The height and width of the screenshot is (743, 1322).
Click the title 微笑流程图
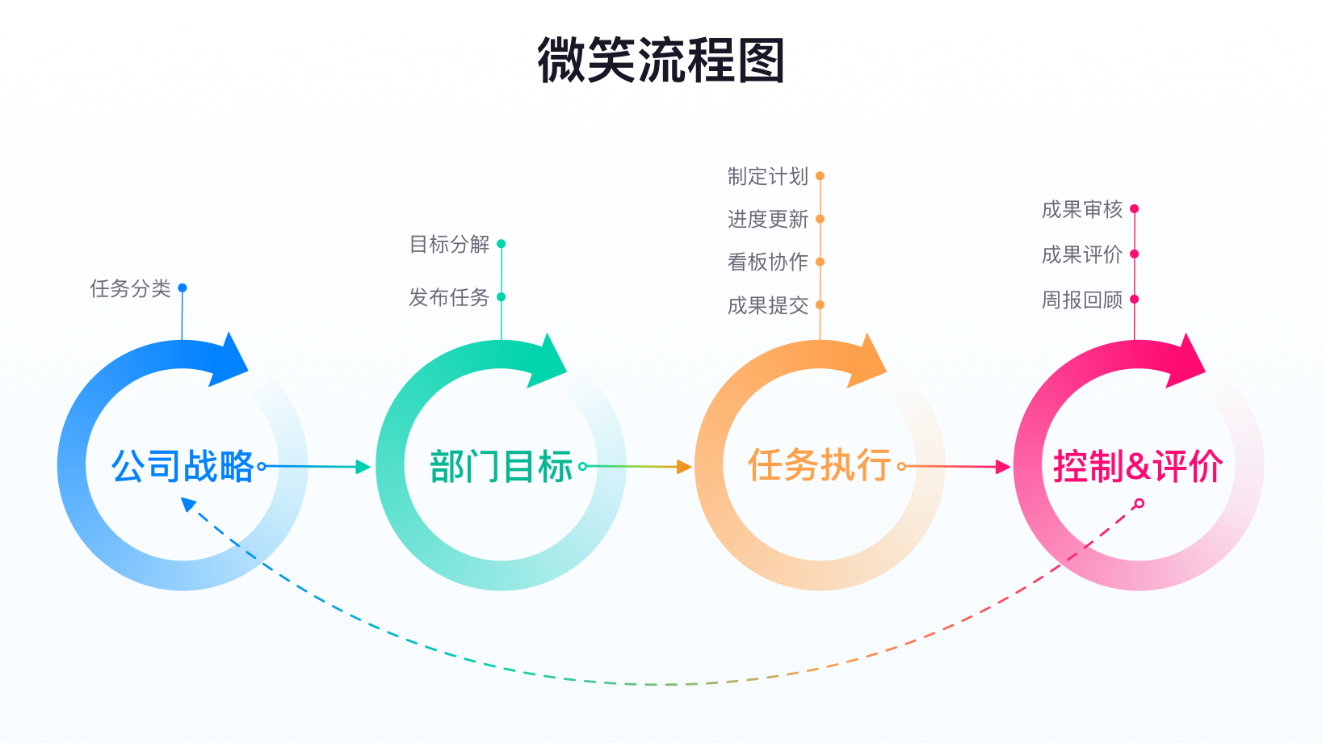coord(661,61)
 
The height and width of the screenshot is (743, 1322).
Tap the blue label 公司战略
coord(183,466)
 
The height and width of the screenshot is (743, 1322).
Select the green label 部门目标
coord(501,467)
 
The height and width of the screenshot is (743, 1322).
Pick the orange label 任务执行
coord(819,465)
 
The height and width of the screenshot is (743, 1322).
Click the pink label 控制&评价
coord(1137,466)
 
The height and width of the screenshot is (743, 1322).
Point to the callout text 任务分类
coord(131,288)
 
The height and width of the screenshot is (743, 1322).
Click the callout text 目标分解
coord(450,244)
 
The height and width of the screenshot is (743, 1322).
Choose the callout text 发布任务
coord(450,297)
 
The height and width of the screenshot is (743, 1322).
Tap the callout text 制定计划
coord(768,176)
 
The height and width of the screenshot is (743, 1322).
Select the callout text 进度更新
coord(768,219)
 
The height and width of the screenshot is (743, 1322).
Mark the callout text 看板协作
coord(768,262)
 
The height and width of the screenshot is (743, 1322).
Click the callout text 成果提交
coord(768,305)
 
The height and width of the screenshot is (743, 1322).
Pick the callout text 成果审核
coord(1082,209)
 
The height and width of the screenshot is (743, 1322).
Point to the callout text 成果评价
coord(1082,254)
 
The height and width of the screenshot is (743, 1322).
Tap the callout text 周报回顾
coord(1082,300)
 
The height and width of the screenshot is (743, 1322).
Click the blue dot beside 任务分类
coord(183,288)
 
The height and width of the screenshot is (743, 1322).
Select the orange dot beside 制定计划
coord(820,176)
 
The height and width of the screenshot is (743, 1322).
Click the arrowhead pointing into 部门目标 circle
coord(363,467)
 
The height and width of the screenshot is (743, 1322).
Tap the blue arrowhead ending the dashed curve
coord(188,504)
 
